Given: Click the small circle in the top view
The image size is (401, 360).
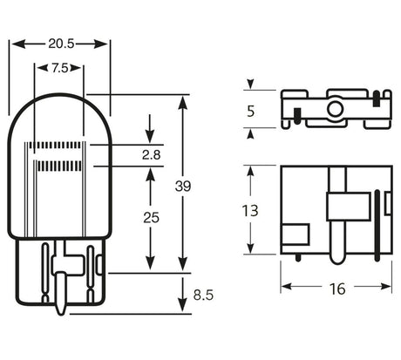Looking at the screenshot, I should (x=334, y=110).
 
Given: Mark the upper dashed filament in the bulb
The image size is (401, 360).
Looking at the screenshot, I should (x=58, y=145).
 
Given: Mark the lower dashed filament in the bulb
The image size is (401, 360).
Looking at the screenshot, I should (x=58, y=164).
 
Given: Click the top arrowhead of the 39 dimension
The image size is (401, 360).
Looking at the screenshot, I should (x=181, y=101).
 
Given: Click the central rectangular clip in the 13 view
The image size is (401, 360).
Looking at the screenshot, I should (x=340, y=207).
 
